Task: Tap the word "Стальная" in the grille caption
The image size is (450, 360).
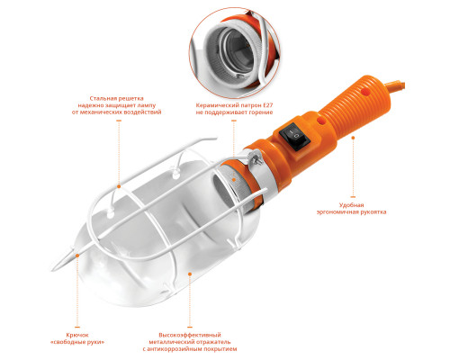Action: [x=102, y=98]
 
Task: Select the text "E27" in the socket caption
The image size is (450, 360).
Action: [x=268, y=105]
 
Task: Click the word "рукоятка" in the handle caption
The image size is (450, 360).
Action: [x=373, y=212]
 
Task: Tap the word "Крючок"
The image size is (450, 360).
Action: [x=77, y=335]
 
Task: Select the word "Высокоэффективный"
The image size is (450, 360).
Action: [x=190, y=335]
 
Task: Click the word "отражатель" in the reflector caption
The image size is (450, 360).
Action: [x=215, y=342]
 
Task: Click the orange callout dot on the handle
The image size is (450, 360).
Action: [x=353, y=138]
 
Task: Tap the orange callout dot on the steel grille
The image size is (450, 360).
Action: [x=119, y=186]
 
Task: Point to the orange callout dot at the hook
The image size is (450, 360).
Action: [x=77, y=256]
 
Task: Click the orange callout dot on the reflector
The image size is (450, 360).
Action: [x=190, y=274]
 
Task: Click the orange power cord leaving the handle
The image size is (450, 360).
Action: [x=396, y=85]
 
